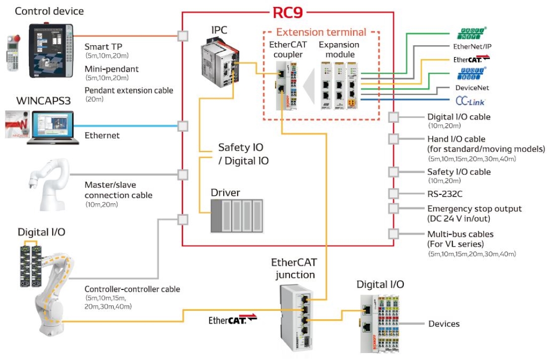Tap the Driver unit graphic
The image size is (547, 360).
pyautogui.click(x=236, y=215)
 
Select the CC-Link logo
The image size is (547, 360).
pyautogui.click(x=470, y=101)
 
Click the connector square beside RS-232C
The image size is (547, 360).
pyautogui.click(x=394, y=193)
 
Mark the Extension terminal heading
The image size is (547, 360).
pyautogui.click(x=321, y=33)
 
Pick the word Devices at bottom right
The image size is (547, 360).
pyautogui.click(x=444, y=324)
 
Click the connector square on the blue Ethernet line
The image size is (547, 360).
pyautogui.click(x=182, y=126)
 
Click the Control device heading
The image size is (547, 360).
pyautogui.click(x=49, y=11)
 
